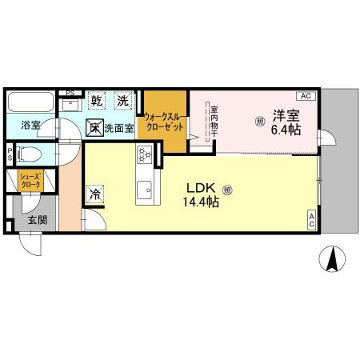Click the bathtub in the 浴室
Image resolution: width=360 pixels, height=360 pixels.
pyautogui.click(x=31, y=103)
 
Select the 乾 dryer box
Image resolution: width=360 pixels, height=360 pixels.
pyautogui.click(x=97, y=102)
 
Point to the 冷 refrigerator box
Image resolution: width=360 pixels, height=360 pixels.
pyautogui.click(x=95, y=194)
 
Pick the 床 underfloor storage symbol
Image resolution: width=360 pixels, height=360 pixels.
pyautogui.click(x=94, y=126)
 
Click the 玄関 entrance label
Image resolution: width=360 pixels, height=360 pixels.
pyautogui.click(x=37, y=221)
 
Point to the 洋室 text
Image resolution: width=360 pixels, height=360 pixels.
pyautogui.click(x=286, y=114)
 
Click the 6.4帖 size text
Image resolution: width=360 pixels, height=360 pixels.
pyautogui.click(x=286, y=130)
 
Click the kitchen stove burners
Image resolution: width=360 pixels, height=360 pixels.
pyautogui.click(x=145, y=154)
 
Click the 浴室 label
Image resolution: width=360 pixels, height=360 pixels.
pyautogui.click(x=31, y=126)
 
